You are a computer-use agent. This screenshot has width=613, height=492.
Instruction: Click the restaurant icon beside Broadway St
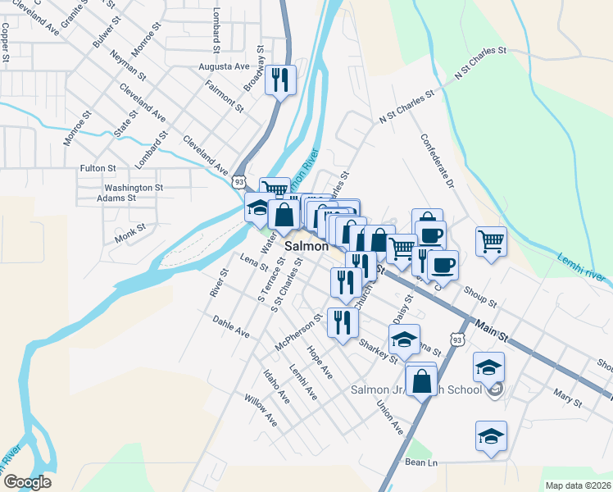[281, 80]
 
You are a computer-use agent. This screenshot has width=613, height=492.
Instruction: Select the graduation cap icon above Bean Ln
[491, 436]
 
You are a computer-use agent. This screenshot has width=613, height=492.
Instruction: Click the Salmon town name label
[306, 246]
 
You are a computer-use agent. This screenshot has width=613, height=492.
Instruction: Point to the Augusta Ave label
[224, 66]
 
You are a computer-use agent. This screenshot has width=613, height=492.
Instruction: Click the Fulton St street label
[98, 168]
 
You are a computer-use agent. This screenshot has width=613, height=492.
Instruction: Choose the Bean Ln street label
[421, 463]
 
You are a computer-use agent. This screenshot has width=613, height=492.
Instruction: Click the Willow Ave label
[261, 410]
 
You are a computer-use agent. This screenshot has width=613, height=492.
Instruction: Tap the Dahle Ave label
[230, 326]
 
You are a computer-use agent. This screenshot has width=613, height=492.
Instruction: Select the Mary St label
[566, 400]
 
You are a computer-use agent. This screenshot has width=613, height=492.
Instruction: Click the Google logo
[27, 482]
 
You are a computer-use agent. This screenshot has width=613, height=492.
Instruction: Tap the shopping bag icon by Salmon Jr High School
[421, 381]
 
